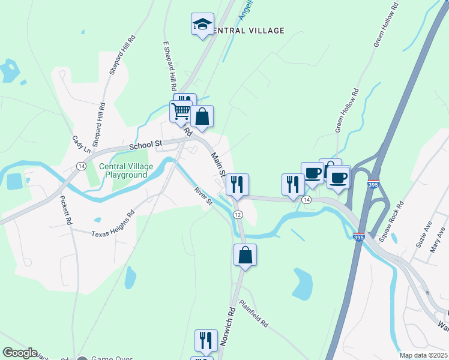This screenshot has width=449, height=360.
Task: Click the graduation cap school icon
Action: (x=202, y=25)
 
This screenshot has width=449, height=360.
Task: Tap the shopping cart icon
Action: (x=180, y=111)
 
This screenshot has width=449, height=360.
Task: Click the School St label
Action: (x=146, y=145)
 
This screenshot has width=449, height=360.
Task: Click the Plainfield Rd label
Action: (x=253, y=313)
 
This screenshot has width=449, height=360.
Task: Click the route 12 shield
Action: (x=238, y=215)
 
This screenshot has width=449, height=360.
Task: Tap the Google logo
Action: (x=20, y=353)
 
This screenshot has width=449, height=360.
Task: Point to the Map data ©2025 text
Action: (x=423, y=355)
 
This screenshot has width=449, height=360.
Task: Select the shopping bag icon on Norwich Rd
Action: (x=245, y=255)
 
